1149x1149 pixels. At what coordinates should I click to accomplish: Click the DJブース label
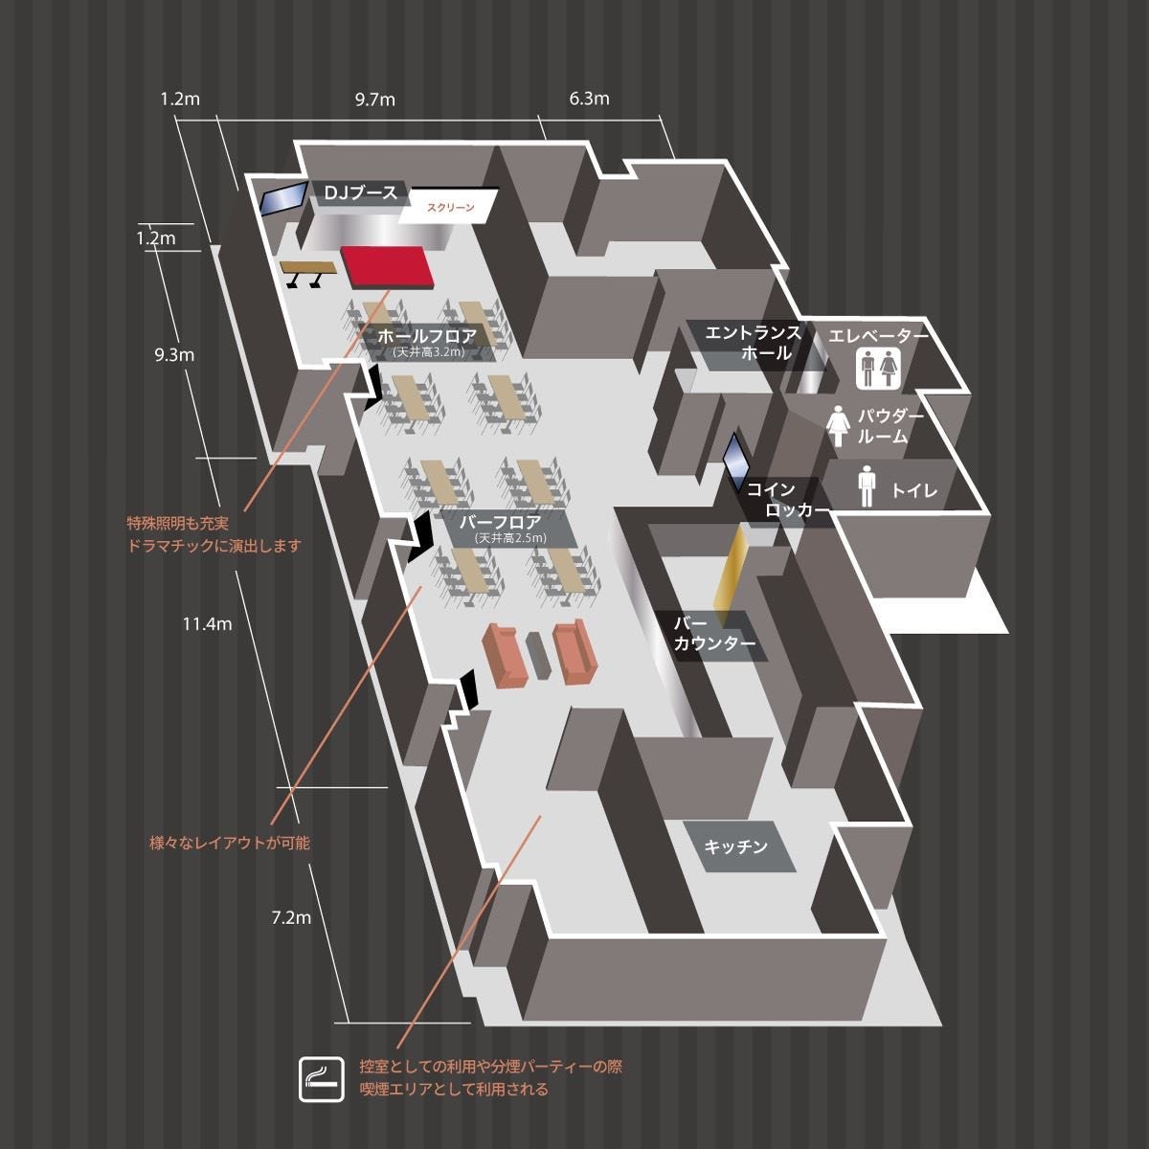360,192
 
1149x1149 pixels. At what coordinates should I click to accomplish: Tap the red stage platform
387,266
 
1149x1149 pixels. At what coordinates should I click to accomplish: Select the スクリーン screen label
450,207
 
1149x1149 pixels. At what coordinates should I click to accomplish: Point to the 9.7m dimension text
375,100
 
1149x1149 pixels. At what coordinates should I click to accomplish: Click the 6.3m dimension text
589,99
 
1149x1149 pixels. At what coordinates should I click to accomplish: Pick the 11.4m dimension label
207,624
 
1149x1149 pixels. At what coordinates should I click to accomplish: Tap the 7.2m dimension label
291,917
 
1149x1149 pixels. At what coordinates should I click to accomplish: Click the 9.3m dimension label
174,355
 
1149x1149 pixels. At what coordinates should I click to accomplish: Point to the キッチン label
735,846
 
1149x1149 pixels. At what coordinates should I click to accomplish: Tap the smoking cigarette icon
322,1079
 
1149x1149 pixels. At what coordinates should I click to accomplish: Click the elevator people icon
878,369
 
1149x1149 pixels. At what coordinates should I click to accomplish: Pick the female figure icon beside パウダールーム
838,426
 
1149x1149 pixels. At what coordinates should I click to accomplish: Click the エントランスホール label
754,343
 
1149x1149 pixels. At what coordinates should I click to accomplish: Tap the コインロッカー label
787,500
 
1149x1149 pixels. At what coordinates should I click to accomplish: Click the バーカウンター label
714,633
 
